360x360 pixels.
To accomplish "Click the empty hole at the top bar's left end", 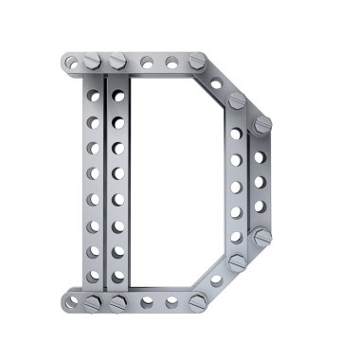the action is [72, 63].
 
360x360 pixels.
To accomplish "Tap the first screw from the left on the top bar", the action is [92, 61].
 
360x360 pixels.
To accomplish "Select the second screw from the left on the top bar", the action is [118, 61].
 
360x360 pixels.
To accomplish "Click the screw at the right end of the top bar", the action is [198, 61].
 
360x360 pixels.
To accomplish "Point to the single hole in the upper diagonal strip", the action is [216, 84].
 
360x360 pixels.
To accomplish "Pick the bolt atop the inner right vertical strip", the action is [237, 100].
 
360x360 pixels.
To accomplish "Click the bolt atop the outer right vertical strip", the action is [262, 125].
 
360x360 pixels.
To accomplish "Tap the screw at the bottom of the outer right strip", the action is [262, 237].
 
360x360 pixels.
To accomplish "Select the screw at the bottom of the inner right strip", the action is [237, 262].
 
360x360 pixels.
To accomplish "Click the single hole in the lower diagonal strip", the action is [216, 279].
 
